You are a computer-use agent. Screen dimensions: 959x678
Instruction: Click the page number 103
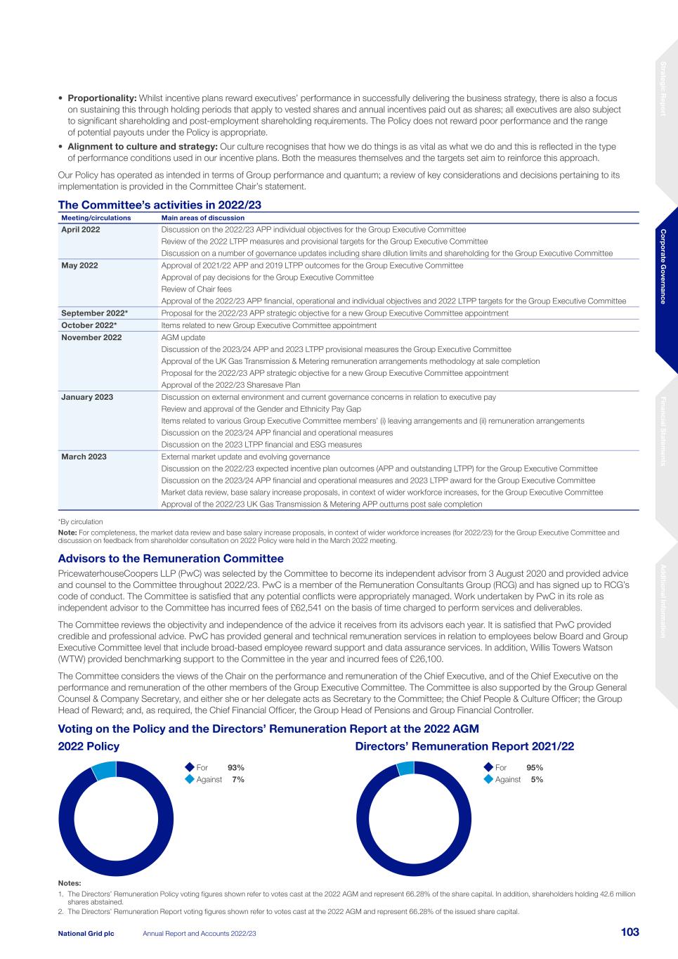pyautogui.click(x=630, y=932)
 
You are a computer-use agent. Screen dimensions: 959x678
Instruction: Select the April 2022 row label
pyautogui.click(x=81, y=230)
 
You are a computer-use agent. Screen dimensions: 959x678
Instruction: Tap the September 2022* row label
pyautogui.click(x=94, y=313)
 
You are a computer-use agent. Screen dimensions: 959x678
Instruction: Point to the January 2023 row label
pyautogui.click(x=87, y=397)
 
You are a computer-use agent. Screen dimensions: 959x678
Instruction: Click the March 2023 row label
pyautogui.click(x=84, y=457)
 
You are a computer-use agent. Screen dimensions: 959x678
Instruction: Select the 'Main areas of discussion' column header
pyautogui.click(x=203, y=218)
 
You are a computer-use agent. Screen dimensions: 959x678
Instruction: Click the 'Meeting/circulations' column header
pyautogui.click(x=96, y=218)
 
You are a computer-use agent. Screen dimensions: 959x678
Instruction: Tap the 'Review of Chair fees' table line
pyautogui.click(x=196, y=289)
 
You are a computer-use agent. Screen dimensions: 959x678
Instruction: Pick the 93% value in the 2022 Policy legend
pyautogui.click(x=235, y=768)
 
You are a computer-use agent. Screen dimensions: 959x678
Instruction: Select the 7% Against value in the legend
pyautogui.click(x=238, y=780)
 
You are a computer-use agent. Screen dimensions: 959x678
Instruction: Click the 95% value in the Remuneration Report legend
pyautogui.click(x=535, y=768)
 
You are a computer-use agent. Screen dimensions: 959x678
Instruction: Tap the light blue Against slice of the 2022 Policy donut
pyautogui.click(x=105, y=770)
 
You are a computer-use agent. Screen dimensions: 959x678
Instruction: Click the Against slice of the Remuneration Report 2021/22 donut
pyautogui.click(x=406, y=769)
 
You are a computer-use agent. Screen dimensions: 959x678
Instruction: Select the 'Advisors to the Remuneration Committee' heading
pyautogui.click(x=171, y=559)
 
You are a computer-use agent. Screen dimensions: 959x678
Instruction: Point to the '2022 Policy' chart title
pyautogui.click(x=89, y=746)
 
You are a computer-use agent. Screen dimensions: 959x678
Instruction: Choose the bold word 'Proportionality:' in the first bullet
pyautogui.click(x=102, y=98)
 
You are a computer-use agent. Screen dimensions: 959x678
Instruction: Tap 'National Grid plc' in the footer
pyautogui.click(x=86, y=933)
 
